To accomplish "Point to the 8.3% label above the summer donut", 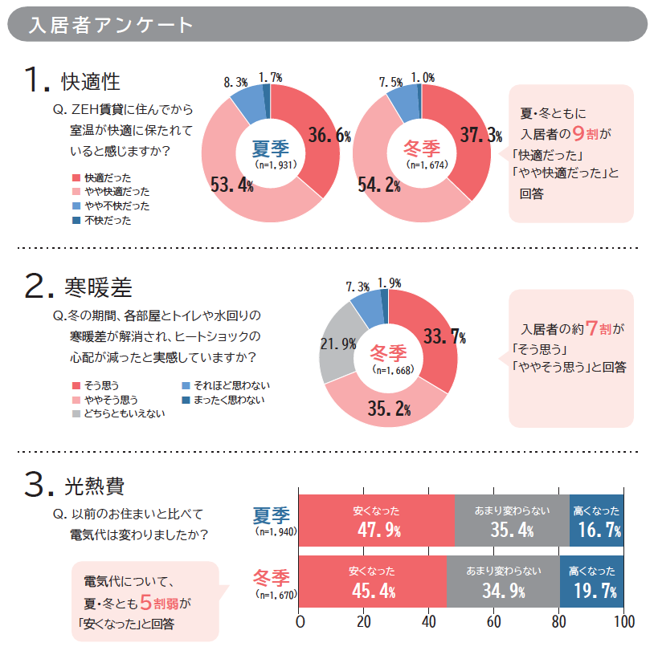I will tap(236, 82).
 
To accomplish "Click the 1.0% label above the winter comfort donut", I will tap(422, 78).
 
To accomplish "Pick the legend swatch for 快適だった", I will tap(76, 177).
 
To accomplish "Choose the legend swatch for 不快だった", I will tap(76, 220).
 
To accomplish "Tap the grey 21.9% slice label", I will tap(338, 344).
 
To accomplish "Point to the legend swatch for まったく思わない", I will tap(186, 400).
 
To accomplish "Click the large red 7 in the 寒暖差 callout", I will tap(592, 328).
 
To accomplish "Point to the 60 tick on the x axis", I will tap(494, 622).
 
